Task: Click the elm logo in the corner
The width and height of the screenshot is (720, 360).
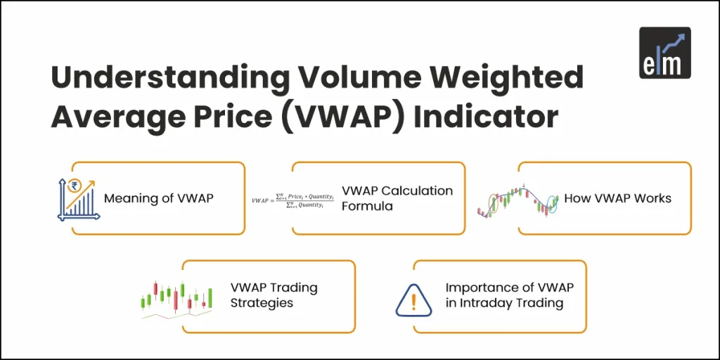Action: (664, 52)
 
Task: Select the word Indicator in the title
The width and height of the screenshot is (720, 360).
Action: (486, 115)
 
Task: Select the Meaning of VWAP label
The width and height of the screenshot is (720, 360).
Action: (158, 198)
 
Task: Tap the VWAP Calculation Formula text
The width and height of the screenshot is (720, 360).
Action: (397, 198)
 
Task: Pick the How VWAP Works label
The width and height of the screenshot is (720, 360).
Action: (617, 198)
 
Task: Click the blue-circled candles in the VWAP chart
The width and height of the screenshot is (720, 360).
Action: (551, 205)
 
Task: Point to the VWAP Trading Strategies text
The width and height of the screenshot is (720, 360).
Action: (274, 295)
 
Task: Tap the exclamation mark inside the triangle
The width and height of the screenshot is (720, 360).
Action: (413, 300)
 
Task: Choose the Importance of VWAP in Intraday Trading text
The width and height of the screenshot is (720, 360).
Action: (509, 295)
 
